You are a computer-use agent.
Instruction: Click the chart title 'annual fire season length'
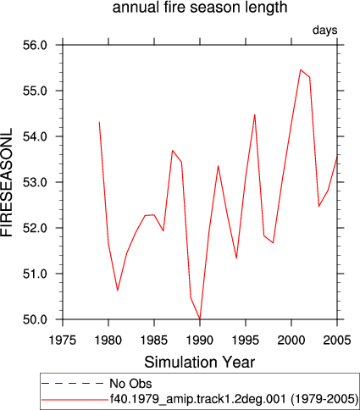(200, 8)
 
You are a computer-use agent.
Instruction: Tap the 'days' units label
(324, 30)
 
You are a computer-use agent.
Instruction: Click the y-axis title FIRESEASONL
(7, 182)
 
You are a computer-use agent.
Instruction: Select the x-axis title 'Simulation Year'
(200, 362)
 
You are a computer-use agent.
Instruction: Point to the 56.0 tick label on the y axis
(35, 45)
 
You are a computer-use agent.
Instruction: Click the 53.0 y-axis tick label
(35, 182)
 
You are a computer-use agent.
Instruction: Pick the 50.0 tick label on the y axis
(35, 319)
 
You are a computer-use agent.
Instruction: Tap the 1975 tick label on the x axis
(63, 340)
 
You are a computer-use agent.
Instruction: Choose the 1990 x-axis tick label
(200, 340)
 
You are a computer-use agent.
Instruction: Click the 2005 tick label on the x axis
(337, 340)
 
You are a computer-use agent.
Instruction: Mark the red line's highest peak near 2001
(301, 69)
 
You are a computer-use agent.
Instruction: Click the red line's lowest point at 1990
(200, 319)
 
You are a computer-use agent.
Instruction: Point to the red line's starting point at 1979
(99, 122)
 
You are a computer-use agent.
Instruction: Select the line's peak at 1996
(255, 114)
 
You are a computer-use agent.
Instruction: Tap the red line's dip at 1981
(118, 291)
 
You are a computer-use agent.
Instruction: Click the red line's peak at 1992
(219, 166)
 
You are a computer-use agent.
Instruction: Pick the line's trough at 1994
(236, 258)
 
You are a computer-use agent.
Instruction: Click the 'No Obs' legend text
(130, 384)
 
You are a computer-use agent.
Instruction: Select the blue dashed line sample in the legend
(73, 383)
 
